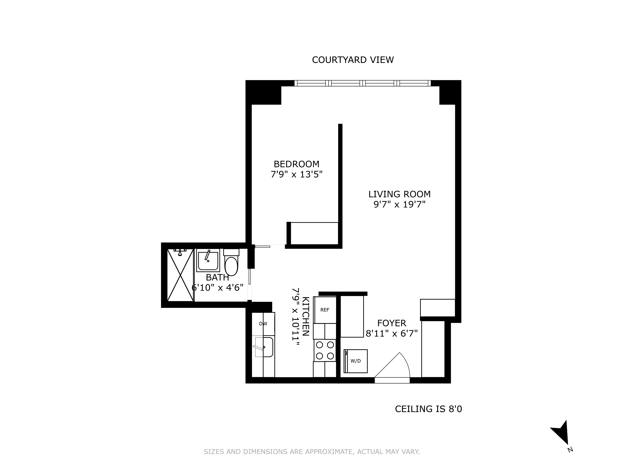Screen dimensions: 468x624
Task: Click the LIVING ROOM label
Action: click(x=399, y=194)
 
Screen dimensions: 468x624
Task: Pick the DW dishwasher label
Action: click(x=263, y=324)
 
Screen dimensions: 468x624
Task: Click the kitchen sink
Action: click(x=264, y=347)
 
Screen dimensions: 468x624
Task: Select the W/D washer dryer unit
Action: click(x=356, y=361)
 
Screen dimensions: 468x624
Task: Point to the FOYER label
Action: click(x=392, y=323)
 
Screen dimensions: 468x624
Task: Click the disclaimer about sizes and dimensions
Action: click(x=312, y=452)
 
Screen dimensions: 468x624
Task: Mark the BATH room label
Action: click(x=217, y=278)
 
